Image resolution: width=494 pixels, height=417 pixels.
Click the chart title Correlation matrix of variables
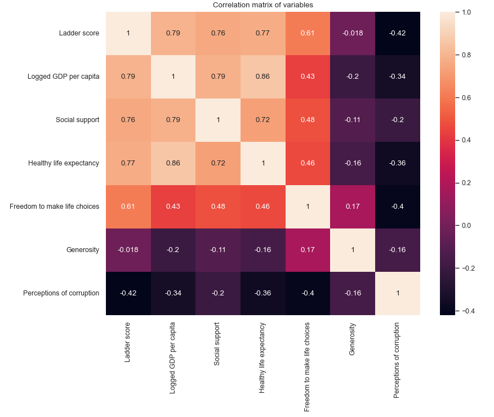pyautogui.click(x=262, y=5)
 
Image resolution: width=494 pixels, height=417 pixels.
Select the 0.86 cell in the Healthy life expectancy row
pyautogui.click(x=173, y=163)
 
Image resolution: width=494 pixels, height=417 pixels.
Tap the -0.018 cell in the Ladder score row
pyautogui.click(x=353, y=33)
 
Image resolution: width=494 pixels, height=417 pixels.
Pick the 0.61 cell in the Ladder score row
pyautogui.click(x=308, y=33)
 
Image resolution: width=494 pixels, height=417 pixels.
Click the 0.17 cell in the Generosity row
pyautogui.click(x=308, y=250)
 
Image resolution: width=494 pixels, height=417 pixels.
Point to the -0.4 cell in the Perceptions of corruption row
pyautogui.click(x=308, y=293)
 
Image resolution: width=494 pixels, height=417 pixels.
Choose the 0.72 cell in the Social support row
pyautogui.click(x=262, y=120)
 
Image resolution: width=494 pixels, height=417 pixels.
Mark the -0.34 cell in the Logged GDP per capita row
pyautogui.click(x=397, y=77)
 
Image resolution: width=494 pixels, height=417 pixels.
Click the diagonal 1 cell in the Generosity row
pyautogui.click(x=353, y=250)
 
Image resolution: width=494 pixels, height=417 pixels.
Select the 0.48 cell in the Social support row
pyautogui.click(x=308, y=120)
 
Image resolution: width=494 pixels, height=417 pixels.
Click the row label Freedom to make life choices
pyautogui.click(x=55, y=207)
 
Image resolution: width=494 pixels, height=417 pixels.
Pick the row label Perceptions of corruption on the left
pyautogui.click(x=61, y=293)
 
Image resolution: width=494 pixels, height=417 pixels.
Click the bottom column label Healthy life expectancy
pyautogui.click(x=262, y=357)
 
